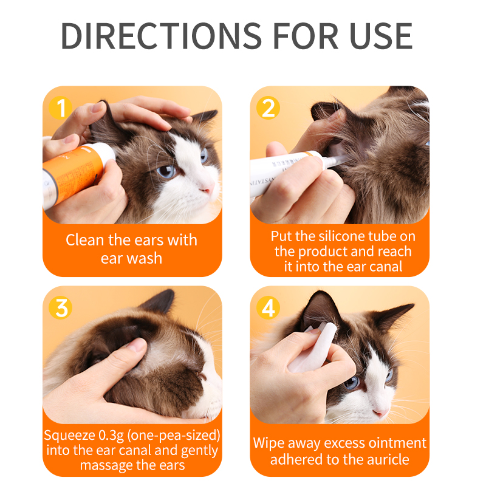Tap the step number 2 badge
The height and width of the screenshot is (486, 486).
[x=268, y=108]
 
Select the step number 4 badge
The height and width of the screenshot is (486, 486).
[x=268, y=308]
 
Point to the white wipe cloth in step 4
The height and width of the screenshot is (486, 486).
[x=313, y=346]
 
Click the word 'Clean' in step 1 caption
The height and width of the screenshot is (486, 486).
[x=84, y=240]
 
